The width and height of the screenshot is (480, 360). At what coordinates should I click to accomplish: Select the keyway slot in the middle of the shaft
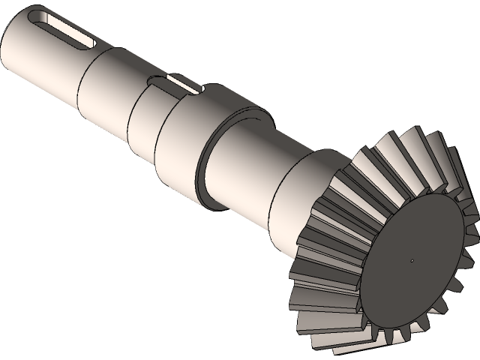(180, 83)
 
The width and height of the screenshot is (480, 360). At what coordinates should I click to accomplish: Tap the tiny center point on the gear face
(412, 261)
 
